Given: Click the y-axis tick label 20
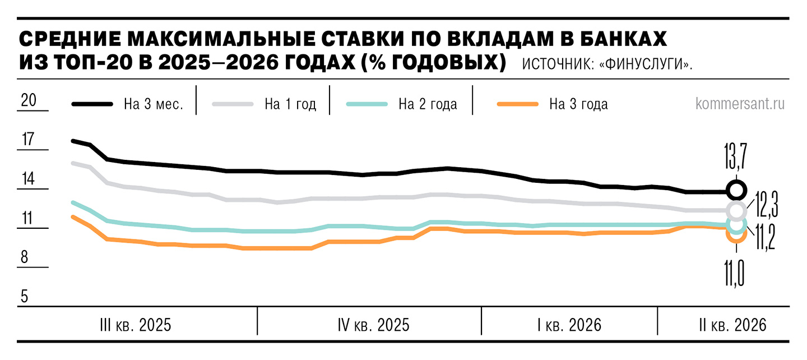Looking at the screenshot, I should [x=29, y=100].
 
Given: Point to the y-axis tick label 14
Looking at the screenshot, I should [x=28, y=179].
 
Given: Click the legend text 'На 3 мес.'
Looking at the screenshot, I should [x=154, y=104].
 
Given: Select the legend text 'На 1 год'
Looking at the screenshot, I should [x=290, y=104].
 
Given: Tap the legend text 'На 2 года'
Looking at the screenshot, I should [x=428, y=104].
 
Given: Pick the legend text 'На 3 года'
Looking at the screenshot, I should [x=578, y=104].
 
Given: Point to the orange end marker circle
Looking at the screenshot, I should [x=736, y=234].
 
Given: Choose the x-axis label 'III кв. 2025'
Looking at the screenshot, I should [x=135, y=325].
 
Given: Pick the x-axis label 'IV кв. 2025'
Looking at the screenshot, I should [x=373, y=325].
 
